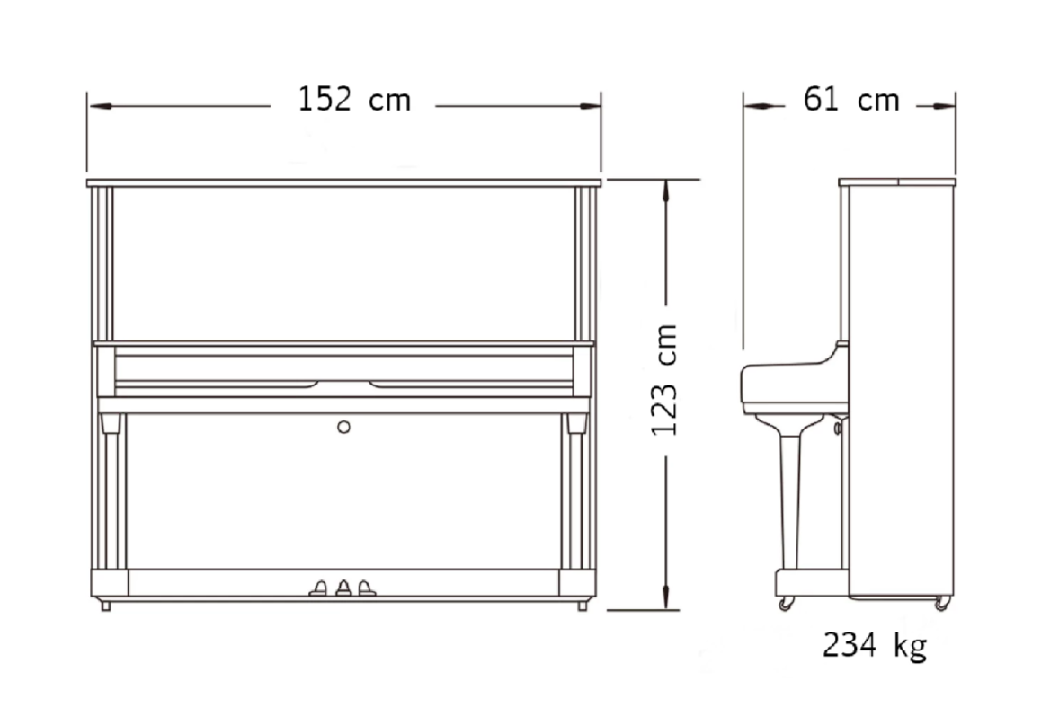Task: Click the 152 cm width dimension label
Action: click(354, 100)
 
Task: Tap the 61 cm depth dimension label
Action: click(851, 100)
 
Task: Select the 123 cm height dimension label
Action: click(664, 380)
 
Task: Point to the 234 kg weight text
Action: click(875, 645)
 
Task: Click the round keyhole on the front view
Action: click(343, 427)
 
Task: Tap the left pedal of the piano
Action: click(318, 588)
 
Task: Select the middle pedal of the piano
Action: click(343, 588)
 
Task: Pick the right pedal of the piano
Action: click(367, 588)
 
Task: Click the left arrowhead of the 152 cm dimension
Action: click(100, 106)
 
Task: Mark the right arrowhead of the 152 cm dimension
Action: click(590, 106)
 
